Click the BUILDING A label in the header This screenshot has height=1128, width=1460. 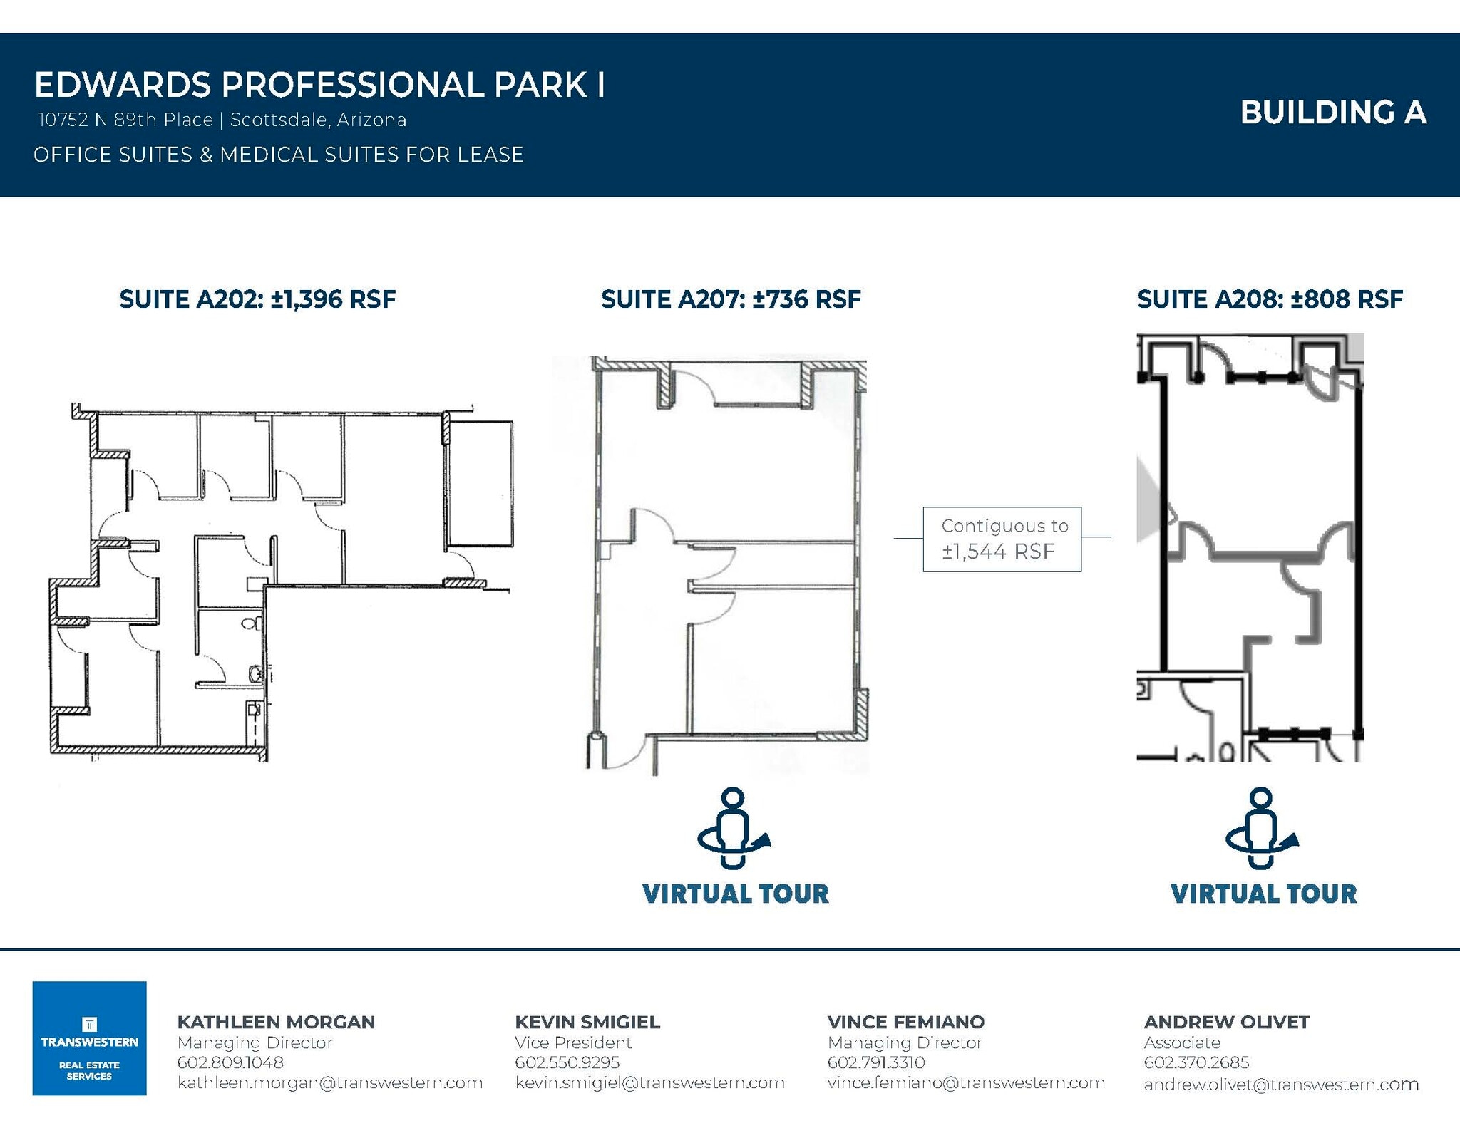pos(1332,113)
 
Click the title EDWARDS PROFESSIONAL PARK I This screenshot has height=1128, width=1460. pos(319,85)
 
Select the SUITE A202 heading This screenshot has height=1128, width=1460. pos(257,299)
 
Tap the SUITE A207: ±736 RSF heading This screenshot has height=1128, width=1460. pos(731,299)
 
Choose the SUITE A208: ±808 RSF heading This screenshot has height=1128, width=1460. pos(1270,299)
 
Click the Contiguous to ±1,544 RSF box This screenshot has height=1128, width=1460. pos(1002,539)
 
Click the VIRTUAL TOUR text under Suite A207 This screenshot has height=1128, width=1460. pos(735,894)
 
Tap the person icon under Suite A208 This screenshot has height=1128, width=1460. pos(1261,828)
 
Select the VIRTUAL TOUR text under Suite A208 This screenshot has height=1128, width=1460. pos(1263,894)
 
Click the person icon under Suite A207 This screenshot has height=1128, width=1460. pos(733,828)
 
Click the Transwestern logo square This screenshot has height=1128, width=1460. pos(89,1038)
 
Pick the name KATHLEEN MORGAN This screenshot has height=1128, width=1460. pos(276,1022)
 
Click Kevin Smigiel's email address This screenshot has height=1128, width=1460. pos(649,1082)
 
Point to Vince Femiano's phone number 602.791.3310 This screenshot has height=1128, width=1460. pos(875,1062)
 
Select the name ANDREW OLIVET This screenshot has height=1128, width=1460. pos(1226,1022)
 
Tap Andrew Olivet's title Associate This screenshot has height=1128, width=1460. pos(1182,1042)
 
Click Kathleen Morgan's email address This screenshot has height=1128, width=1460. pos(330,1082)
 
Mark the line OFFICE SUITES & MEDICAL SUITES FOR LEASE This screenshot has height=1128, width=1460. pos(278,155)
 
